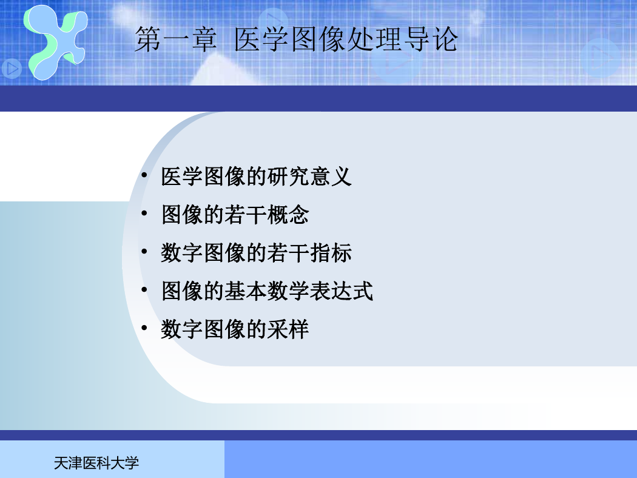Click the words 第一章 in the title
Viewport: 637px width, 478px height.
coord(175,39)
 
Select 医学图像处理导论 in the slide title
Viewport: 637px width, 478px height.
coord(346,39)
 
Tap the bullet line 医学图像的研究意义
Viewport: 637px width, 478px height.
coord(257,177)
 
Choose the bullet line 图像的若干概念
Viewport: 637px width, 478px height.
coord(235,215)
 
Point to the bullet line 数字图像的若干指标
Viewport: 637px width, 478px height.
coord(257,253)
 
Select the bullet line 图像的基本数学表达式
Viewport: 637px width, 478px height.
coord(267,291)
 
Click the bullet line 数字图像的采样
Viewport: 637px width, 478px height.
coord(235,329)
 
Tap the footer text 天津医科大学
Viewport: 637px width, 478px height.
coord(96,463)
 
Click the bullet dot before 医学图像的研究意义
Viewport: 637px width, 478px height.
coord(144,175)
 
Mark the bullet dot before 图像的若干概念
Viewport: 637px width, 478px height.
coord(144,213)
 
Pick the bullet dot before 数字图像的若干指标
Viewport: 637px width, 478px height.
coord(144,251)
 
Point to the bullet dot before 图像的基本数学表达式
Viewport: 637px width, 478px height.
coord(144,289)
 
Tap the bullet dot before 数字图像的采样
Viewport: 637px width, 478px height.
coord(144,328)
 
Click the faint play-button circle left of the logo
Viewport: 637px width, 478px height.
coord(12,69)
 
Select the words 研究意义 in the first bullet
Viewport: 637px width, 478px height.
coord(309,177)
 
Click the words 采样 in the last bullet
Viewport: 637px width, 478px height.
coord(288,329)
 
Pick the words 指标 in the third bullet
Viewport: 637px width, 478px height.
coord(331,253)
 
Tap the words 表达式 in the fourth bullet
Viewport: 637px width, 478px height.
coord(341,291)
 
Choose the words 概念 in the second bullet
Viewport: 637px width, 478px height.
coord(288,215)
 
